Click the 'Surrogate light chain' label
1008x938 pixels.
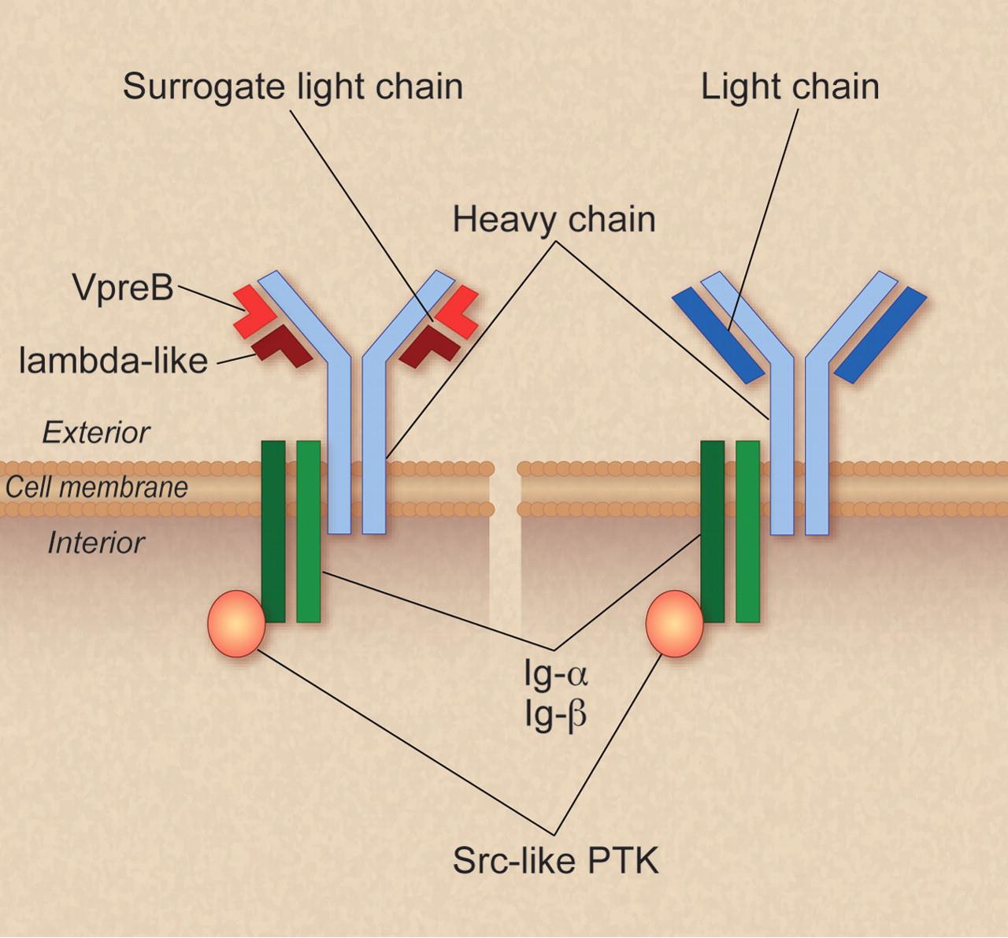[293, 87]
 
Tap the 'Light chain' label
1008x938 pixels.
[790, 87]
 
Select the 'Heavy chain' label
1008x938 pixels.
[554, 220]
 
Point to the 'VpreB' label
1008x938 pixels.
[124, 287]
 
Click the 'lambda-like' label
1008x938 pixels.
[113, 360]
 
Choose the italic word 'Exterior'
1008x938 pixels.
[96, 433]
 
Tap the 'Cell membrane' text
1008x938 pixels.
[96, 487]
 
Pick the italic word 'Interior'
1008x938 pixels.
[96, 543]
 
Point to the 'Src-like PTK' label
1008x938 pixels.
[555, 859]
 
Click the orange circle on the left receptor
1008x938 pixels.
[236, 623]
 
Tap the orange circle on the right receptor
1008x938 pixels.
[675, 623]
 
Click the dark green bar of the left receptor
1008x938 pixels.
[273, 531]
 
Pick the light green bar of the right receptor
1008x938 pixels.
[747, 531]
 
